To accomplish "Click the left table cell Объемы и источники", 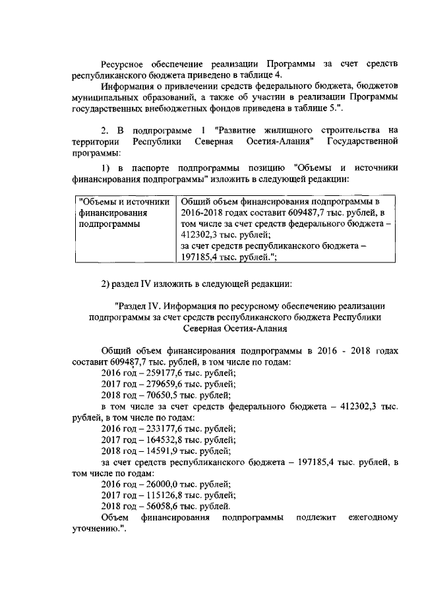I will click(125, 201).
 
